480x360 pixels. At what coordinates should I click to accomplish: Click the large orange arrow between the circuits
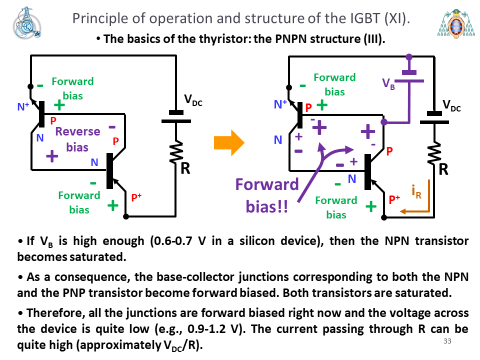(x=229, y=142)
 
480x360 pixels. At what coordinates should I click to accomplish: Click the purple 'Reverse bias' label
(x=78, y=139)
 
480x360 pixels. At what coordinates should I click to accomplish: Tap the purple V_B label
(x=388, y=83)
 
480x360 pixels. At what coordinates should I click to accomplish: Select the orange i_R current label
(x=416, y=191)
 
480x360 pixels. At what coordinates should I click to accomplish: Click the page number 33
(x=447, y=341)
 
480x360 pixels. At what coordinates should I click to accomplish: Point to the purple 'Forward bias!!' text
(x=267, y=195)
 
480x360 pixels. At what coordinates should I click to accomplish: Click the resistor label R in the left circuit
(x=185, y=168)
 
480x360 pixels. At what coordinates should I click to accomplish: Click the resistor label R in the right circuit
(x=443, y=169)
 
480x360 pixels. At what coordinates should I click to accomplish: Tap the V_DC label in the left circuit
(x=193, y=100)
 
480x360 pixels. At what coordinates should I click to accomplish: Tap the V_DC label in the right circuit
(x=451, y=105)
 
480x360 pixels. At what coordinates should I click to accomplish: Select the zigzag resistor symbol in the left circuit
(x=176, y=152)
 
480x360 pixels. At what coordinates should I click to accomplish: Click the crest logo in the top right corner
(x=456, y=23)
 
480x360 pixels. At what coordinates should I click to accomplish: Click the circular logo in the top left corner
(x=26, y=23)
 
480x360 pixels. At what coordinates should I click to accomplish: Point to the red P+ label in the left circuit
(x=136, y=197)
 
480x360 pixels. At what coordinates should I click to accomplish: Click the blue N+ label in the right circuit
(x=280, y=104)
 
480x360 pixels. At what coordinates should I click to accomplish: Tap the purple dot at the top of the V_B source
(x=409, y=57)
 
